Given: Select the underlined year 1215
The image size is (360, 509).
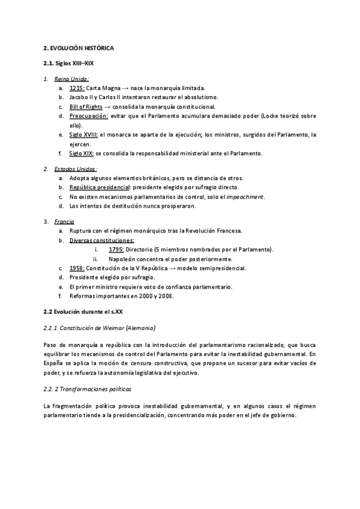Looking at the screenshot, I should [76, 87].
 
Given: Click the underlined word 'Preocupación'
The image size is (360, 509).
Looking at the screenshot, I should [89, 116].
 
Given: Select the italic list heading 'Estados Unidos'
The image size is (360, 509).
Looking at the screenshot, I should [75, 169].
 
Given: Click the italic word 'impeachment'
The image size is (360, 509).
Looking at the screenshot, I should [247, 197].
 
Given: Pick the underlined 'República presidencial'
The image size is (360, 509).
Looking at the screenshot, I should [98, 187].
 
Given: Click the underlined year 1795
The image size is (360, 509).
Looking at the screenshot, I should [116, 250].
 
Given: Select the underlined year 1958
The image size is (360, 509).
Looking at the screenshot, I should [76, 268].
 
